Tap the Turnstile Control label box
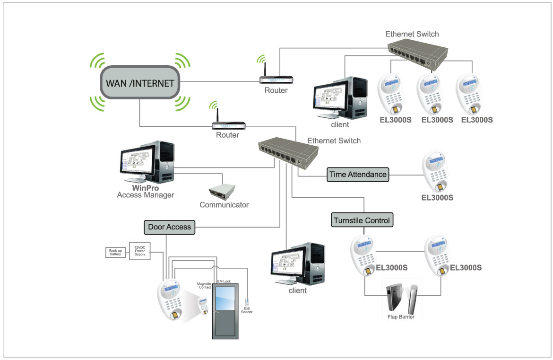coord(362,220)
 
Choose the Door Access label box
coord(169,227)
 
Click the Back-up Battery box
coord(115,253)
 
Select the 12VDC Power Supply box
coord(140,252)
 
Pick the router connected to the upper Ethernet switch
coord(276,78)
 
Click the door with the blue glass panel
coord(226,310)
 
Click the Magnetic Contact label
coord(205,285)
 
